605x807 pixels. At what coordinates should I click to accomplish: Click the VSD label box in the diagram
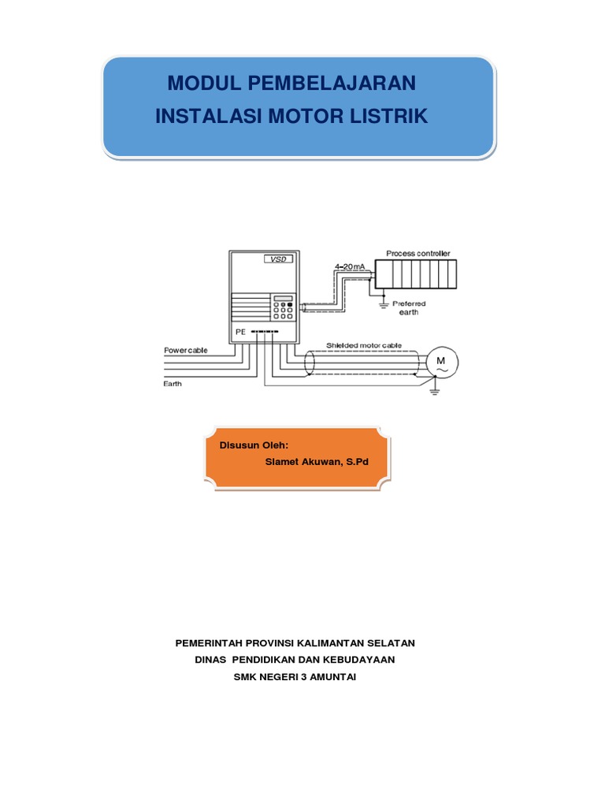tap(277, 259)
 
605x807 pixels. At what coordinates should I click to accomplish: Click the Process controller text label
tap(418, 254)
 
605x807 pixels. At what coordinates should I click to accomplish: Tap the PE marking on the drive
tap(240, 333)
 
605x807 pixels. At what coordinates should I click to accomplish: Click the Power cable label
tap(186, 350)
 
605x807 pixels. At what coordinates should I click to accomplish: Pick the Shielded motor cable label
tap(363, 345)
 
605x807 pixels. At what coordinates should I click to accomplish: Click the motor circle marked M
tap(440, 362)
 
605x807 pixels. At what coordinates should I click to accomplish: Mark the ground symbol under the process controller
tap(382, 300)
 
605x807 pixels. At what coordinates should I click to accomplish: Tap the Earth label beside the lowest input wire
tap(173, 384)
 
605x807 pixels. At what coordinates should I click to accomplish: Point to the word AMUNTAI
tap(329, 676)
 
